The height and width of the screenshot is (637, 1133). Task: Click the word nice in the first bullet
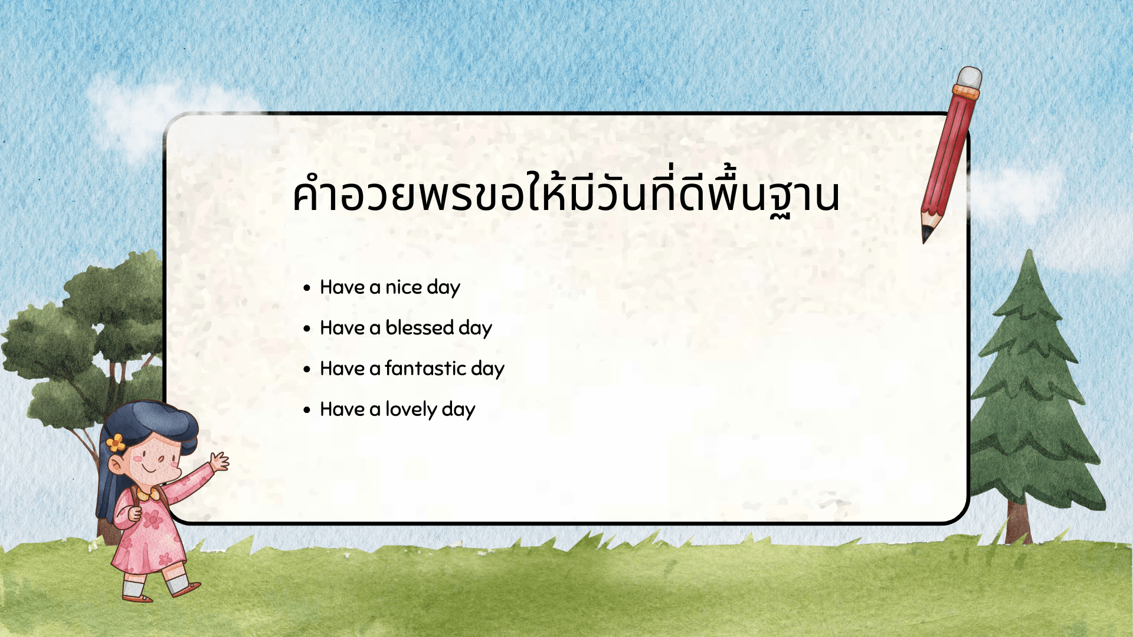(x=403, y=287)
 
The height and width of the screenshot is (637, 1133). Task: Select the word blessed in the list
(x=419, y=328)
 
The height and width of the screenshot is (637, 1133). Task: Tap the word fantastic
(x=425, y=369)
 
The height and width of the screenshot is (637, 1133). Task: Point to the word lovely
(x=411, y=409)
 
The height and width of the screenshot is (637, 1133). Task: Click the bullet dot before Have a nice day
(x=306, y=288)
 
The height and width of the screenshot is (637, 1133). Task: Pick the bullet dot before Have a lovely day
(x=306, y=410)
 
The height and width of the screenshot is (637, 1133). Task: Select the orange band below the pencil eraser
(x=965, y=92)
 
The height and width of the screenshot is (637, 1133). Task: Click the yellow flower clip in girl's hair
(x=116, y=442)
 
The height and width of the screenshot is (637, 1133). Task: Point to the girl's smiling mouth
(x=150, y=469)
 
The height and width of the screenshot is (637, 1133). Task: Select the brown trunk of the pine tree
(x=1019, y=522)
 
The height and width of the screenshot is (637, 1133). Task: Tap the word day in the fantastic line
(x=487, y=369)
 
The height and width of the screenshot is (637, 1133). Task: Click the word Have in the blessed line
(x=342, y=328)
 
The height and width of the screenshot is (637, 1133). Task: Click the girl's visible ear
(x=116, y=467)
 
